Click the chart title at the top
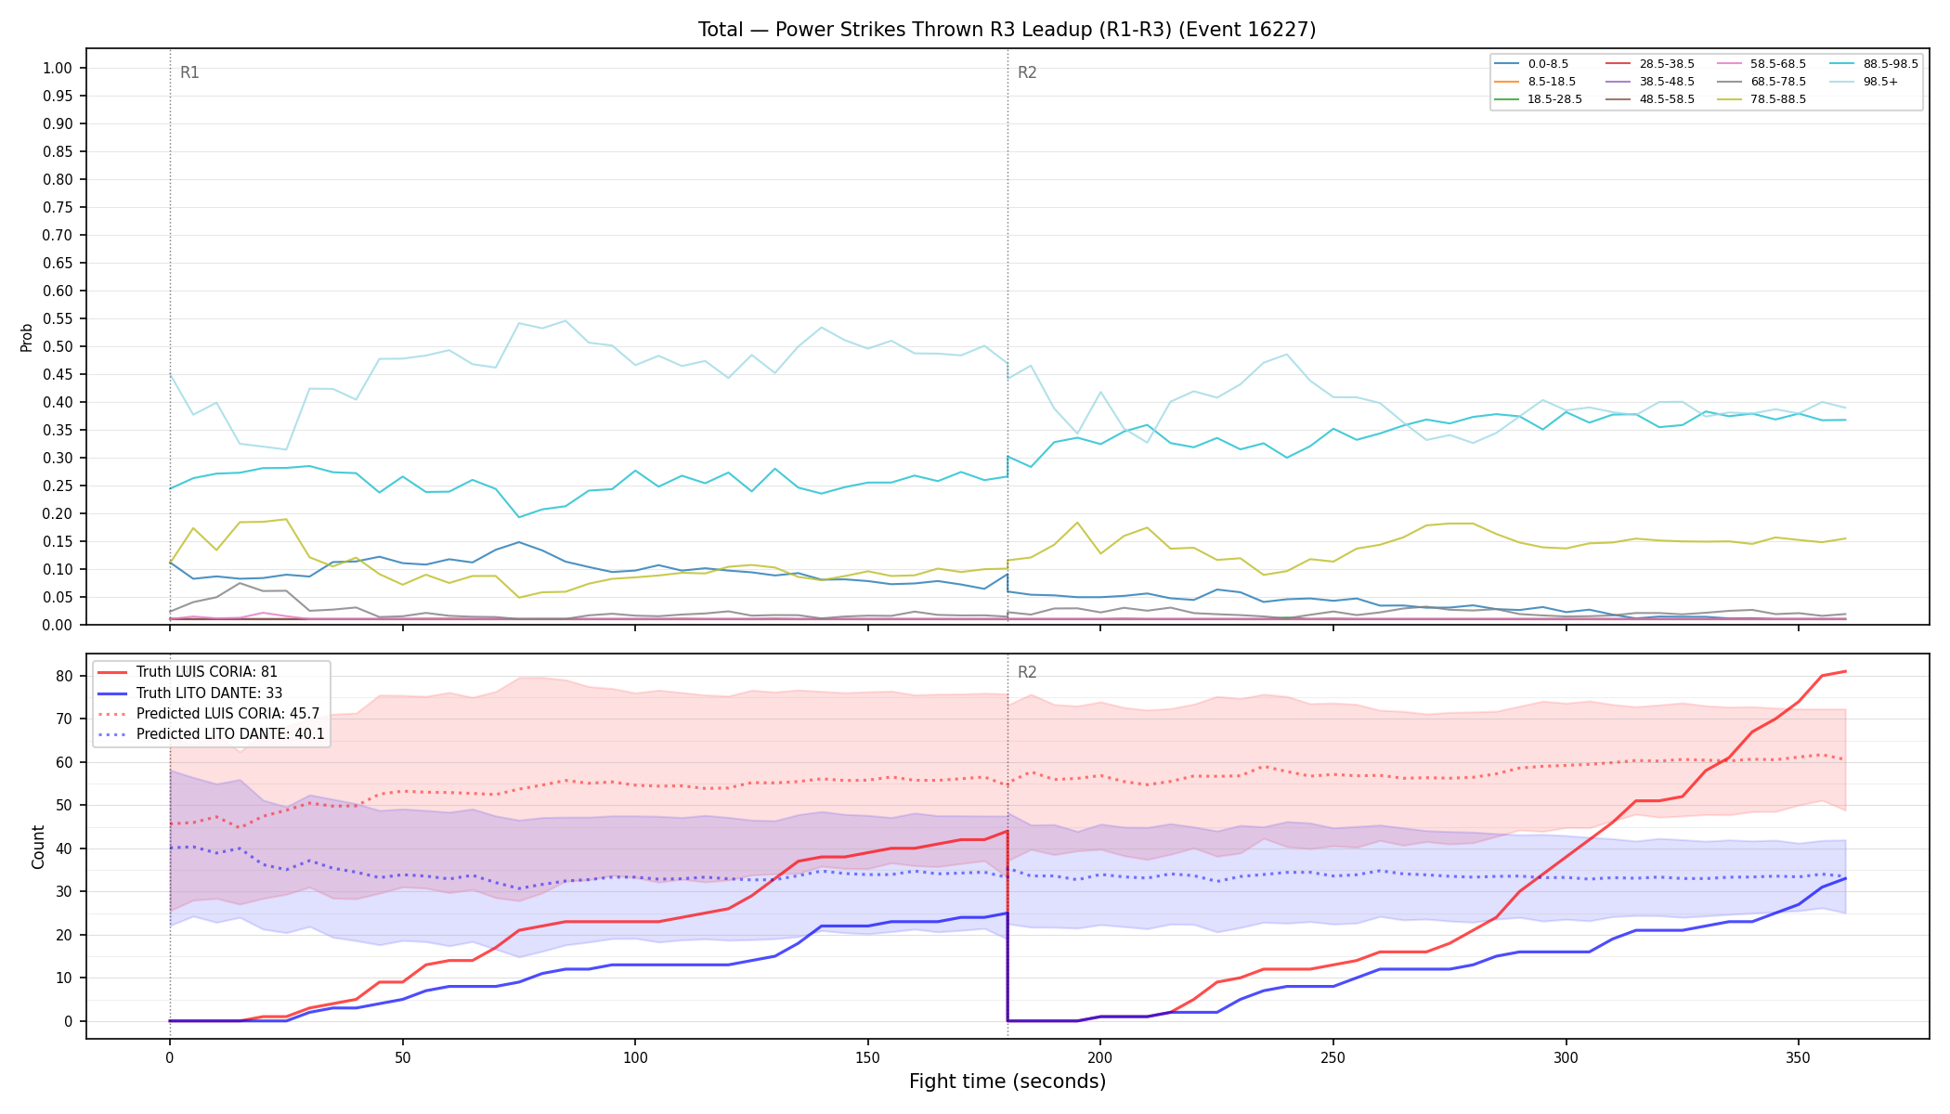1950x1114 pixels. click(x=1007, y=30)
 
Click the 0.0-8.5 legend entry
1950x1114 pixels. click(x=1531, y=64)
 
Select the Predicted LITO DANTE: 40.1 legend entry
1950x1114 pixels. click(x=212, y=734)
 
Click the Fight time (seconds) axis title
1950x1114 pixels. click(x=1007, y=1082)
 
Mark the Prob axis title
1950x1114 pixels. click(x=27, y=337)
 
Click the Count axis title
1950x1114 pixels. click(x=38, y=847)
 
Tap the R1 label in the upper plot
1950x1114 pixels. click(x=189, y=72)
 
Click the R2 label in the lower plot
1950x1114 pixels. click(x=1027, y=672)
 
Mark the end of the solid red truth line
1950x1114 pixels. click(x=1845, y=671)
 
